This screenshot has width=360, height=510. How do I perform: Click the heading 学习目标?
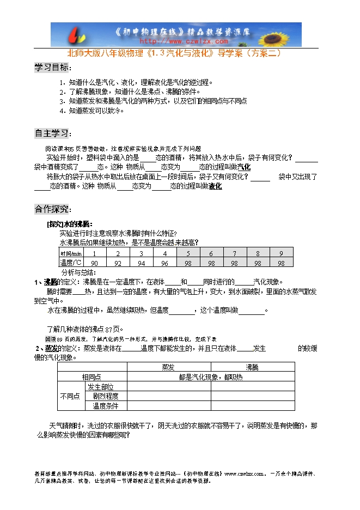pos(52,68)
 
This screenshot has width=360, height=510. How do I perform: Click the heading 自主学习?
pos(52,133)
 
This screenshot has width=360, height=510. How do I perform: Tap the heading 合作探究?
pos(52,209)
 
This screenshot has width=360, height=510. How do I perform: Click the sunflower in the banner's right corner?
pos(283,34)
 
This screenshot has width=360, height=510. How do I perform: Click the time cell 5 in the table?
pos(188,253)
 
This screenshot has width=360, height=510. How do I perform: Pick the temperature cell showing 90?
pos(94,263)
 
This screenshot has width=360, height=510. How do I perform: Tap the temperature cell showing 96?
pos(164,263)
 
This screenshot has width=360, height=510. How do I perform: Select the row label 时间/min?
pos(71,253)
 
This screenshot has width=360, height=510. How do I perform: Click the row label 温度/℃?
pos(71,263)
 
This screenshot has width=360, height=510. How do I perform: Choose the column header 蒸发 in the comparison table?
pos(169,367)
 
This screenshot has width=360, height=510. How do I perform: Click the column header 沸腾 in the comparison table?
pos(253,367)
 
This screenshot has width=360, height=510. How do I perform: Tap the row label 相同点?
pos(91,377)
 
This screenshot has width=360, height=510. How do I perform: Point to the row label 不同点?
pos(69,396)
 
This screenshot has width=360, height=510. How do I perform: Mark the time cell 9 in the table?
pos(281,253)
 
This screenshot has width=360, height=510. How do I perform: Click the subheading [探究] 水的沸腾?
pos(70,224)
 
